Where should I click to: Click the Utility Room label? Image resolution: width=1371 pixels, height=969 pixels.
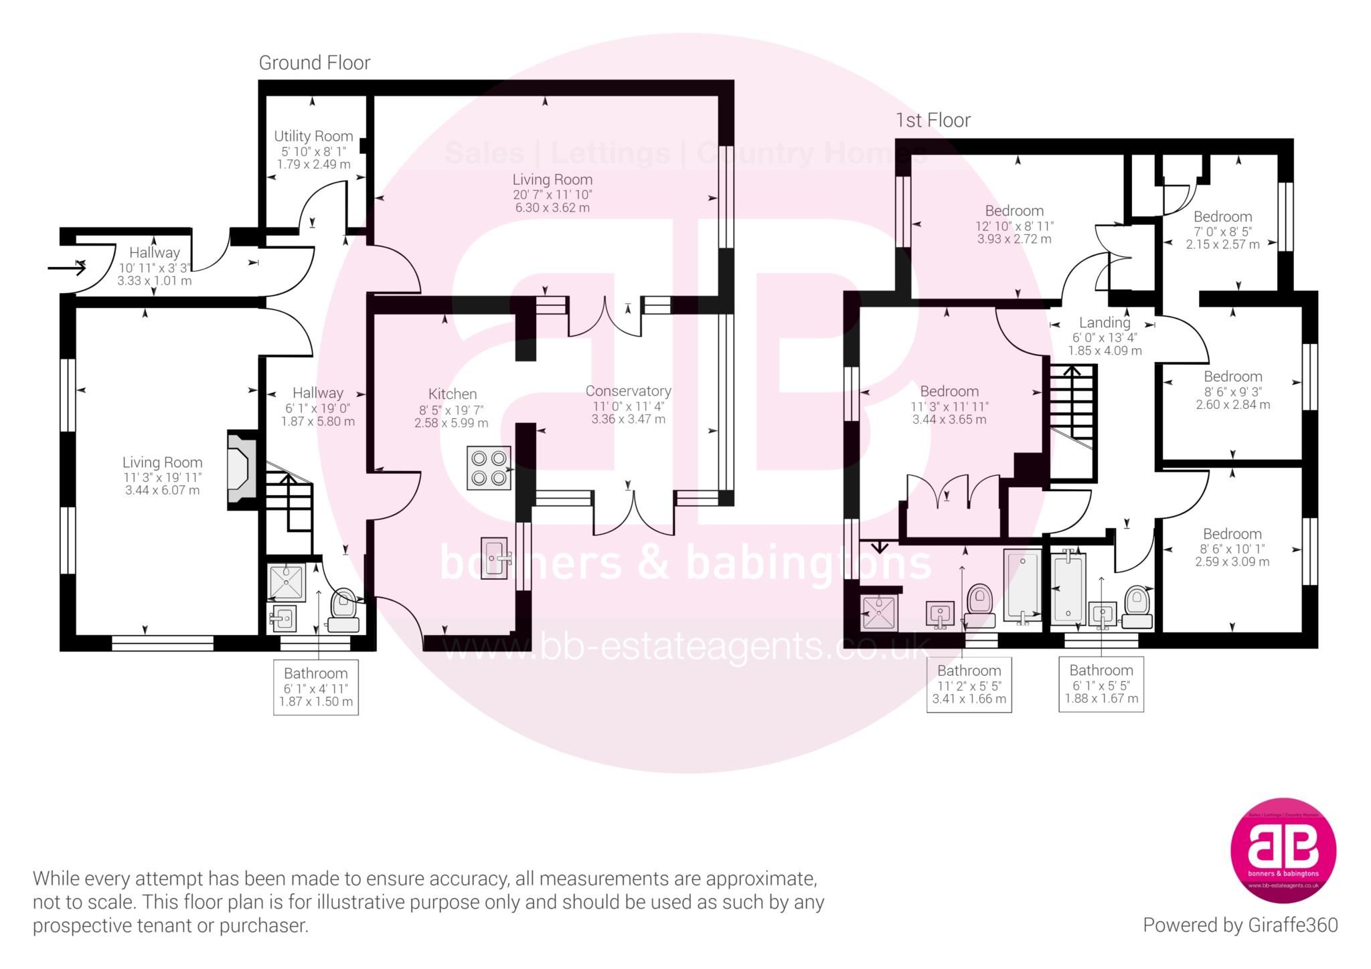click(313, 137)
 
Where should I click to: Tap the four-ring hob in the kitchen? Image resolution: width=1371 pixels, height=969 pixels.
click(489, 468)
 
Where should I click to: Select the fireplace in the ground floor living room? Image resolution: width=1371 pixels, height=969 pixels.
click(242, 470)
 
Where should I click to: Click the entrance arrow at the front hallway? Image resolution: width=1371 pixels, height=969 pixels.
click(67, 269)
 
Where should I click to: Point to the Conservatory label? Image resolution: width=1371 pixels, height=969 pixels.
click(628, 391)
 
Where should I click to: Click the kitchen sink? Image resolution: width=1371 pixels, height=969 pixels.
click(494, 558)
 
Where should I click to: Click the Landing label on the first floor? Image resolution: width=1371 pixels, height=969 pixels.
click(1104, 323)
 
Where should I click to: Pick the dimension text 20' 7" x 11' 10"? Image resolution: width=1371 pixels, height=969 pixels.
click(552, 195)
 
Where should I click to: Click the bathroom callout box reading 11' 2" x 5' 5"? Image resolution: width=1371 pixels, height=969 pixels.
click(969, 685)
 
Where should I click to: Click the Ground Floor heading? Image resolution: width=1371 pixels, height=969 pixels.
click(315, 63)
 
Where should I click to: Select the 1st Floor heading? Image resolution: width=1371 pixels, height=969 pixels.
click(933, 120)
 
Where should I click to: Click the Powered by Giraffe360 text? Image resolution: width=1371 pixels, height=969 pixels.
click(1240, 926)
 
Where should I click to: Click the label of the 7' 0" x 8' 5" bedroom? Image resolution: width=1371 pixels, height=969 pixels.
click(1222, 217)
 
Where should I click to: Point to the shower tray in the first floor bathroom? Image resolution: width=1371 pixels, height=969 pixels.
click(879, 612)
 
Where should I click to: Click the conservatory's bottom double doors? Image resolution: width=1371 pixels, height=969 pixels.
click(633, 512)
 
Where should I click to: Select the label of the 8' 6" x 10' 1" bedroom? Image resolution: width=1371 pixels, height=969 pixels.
click(1232, 534)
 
